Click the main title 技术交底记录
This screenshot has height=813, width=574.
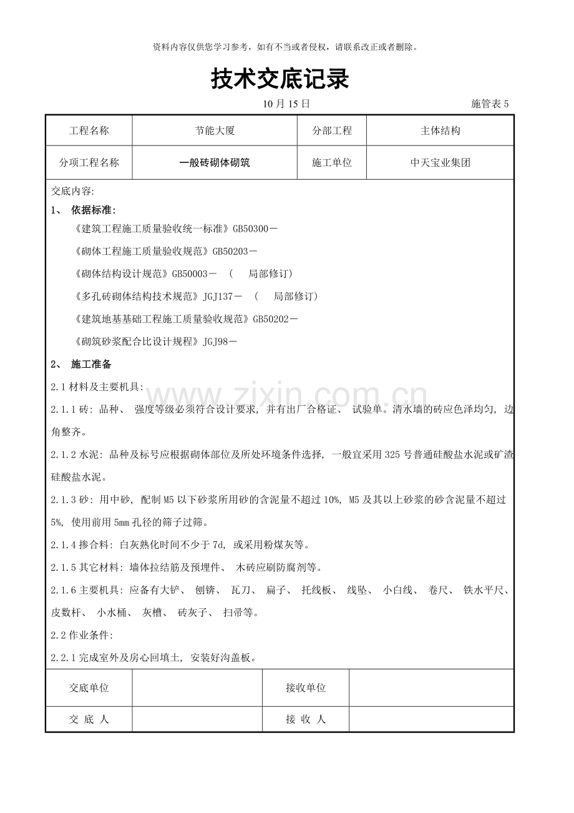pyautogui.click(x=280, y=79)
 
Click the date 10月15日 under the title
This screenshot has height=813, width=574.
pyautogui.click(x=286, y=104)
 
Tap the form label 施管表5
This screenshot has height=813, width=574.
pyautogui.click(x=490, y=104)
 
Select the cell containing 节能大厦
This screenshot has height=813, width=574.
pyautogui.click(x=215, y=131)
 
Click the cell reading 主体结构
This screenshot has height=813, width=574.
pyautogui.click(x=440, y=131)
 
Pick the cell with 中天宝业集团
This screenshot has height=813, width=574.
pyautogui.click(x=440, y=163)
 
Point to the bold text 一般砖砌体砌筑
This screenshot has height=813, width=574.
pyautogui.click(x=215, y=163)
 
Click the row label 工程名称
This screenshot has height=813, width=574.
pyautogui.click(x=89, y=131)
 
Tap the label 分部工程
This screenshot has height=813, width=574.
pyautogui.click(x=332, y=131)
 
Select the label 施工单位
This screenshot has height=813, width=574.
pyautogui.click(x=332, y=163)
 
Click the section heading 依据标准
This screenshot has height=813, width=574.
pyautogui.click(x=94, y=210)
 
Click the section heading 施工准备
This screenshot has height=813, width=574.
pyautogui.click(x=92, y=365)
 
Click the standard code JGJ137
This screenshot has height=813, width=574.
pyautogui.click(x=218, y=296)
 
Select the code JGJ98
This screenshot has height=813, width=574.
pyautogui.click(x=216, y=342)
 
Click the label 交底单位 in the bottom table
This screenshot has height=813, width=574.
pyautogui.click(x=89, y=688)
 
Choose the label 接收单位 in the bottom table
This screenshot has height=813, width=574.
pyautogui.click(x=306, y=688)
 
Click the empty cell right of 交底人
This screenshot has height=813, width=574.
pyautogui.click(x=197, y=719)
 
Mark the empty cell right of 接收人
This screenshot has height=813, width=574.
pyautogui.click(x=431, y=719)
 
